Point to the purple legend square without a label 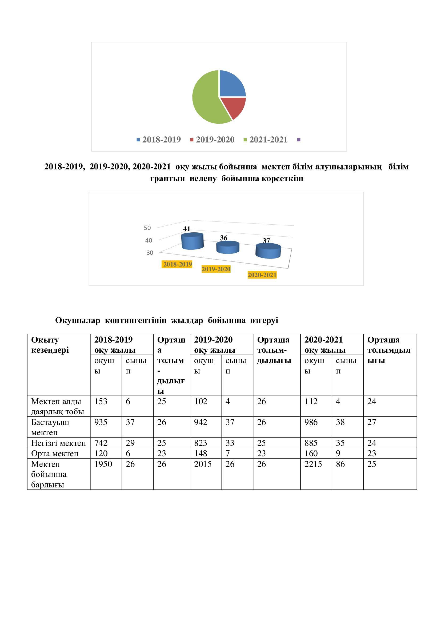[299, 140]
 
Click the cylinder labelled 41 [192, 241]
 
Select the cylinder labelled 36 [227, 248]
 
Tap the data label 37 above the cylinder [266, 241]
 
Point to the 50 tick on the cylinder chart [147, 228]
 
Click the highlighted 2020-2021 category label [262, 275]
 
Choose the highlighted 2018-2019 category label [177, 264]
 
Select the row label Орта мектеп [55, 453]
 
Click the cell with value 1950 [103, 464]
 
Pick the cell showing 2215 [313, 464]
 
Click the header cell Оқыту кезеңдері [50, 345]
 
